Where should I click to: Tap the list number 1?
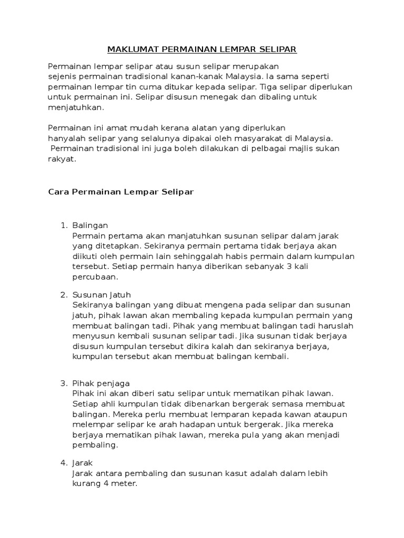point(63,225)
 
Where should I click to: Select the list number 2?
point(63,295)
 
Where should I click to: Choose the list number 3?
point(63,383)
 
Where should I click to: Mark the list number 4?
point(63,463)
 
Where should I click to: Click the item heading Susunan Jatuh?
point(102,295)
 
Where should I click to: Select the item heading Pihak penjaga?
point(101,383)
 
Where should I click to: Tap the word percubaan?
point(95,277)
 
